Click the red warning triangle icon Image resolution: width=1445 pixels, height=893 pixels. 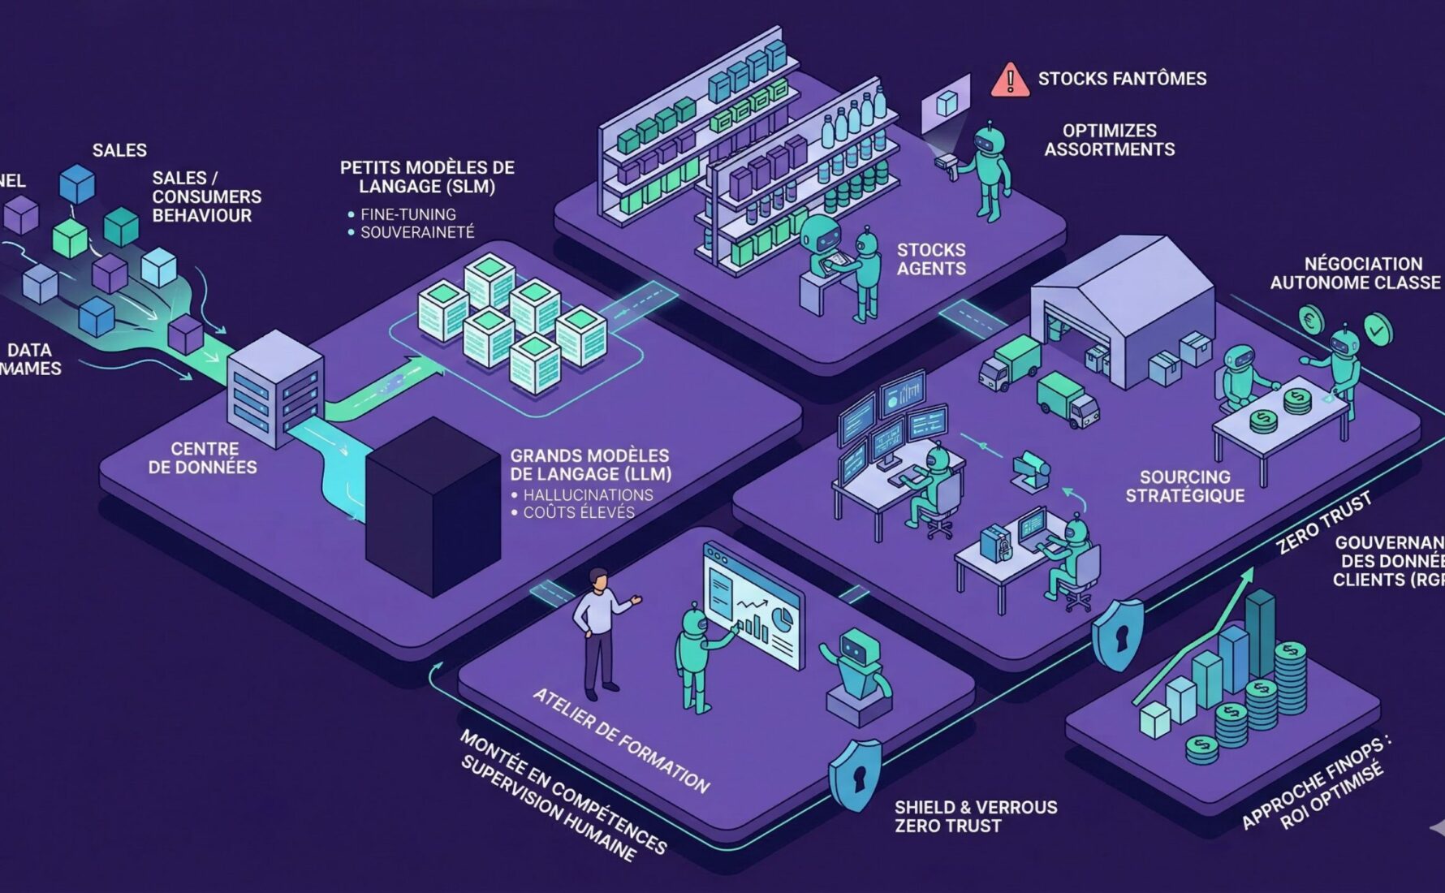point(1010,80)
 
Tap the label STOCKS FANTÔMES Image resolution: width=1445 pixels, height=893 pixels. point(1122,79)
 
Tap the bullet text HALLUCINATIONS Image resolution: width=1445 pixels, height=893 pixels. point(588,495)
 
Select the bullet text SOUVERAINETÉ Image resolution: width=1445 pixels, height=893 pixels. point(417,232)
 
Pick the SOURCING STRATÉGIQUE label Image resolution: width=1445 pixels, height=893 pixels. point(1184,486)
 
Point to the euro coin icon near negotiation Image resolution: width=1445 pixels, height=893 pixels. point(1310,320)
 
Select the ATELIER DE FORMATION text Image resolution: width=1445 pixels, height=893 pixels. point(621,740)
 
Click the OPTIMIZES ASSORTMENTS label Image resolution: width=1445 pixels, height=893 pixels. point(1109,140)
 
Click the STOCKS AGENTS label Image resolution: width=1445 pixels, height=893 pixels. point(931,259)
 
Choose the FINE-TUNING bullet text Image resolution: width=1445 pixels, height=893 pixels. point(408,214)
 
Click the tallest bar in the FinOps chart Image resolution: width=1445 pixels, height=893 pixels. point(1261,633)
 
